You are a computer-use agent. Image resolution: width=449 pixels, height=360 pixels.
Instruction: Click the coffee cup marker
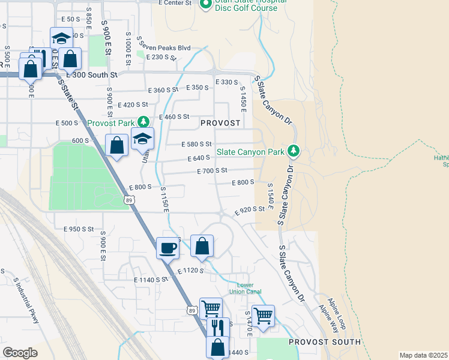point(168,247)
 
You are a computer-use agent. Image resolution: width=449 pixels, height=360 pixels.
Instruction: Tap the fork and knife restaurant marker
point(218,328)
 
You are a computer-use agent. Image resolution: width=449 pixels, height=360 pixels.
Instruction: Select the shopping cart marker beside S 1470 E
point(264,315)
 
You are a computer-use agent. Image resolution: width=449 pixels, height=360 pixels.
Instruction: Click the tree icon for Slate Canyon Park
point(294,151)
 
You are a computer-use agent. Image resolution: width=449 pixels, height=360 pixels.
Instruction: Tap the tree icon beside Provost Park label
point(143,122)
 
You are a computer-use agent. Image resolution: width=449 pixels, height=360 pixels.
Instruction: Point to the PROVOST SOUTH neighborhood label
point(325,342)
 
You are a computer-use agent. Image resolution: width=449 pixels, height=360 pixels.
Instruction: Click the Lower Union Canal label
point(246,289)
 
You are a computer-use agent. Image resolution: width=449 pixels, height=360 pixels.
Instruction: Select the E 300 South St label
point(90,74)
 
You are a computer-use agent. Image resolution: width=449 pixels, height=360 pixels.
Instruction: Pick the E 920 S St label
point(249,209)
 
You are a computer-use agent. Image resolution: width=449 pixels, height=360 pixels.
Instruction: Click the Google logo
point(20,352)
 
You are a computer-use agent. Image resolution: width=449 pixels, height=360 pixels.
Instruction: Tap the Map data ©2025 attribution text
point(423,355)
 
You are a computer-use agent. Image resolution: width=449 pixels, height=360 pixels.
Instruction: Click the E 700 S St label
point(212,171)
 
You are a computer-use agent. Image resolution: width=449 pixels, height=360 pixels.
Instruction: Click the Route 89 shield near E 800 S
point(129,200)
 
